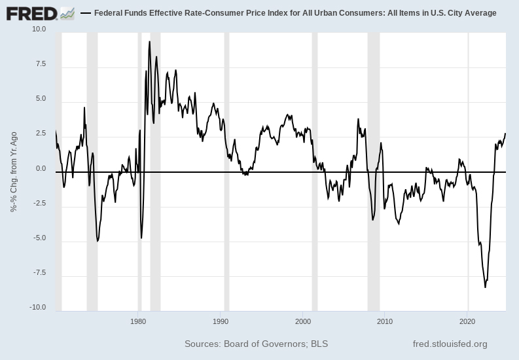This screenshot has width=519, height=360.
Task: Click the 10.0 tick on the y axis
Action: click(x=38, y=29)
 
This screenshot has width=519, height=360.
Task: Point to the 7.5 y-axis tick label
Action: click(x=40, y=64)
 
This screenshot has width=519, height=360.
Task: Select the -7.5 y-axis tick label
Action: click(x=39, y=272)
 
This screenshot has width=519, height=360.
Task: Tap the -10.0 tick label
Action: click(x=37, y=307)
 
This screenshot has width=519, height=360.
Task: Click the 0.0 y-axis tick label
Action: click(x=40, y=168)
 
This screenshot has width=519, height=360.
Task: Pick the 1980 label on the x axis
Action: click(x=138, y=321)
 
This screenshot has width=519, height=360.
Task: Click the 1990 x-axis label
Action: click(x=221, y=321)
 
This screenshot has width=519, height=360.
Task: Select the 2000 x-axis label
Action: click(x=303, y=321)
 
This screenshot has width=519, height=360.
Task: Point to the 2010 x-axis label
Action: click(x=385, y=321)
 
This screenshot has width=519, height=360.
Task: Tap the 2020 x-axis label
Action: click(x=467, y=321)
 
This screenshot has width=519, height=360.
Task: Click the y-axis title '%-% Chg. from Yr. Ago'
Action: click(x=13, y=171)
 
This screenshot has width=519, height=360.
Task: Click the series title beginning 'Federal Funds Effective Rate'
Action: click(x=295, y=13)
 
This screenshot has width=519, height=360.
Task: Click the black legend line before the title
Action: click(x=85, y=13)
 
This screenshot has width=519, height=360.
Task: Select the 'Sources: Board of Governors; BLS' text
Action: click(x=256, y=344)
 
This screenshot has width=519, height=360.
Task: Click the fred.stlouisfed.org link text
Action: click(x=450, y=344)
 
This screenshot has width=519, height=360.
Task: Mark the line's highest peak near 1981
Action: click(x=150, y=42)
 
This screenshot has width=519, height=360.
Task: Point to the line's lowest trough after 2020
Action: click(x=485, y=287)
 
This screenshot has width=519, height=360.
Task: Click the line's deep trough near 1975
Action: click(x=98, y=241)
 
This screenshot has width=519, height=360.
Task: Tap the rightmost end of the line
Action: click(x=505, y=134)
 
